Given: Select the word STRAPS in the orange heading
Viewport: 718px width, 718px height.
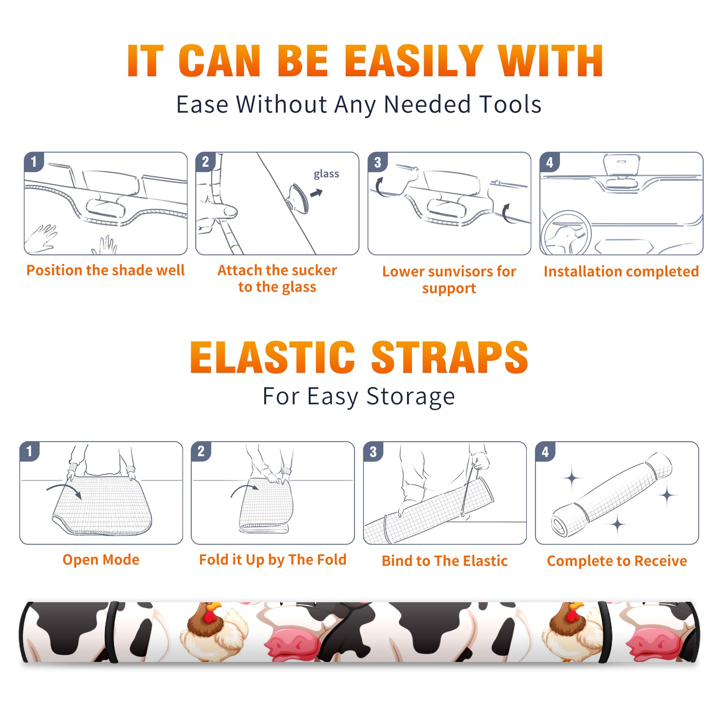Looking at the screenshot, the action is click(x=450, y=357).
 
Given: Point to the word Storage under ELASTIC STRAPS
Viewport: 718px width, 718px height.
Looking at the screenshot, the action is click(x=411, y=397).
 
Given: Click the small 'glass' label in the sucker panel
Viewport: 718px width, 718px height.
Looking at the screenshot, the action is click(x=326, y=174).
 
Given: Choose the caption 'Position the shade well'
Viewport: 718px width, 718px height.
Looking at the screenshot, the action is click(x=105, y=270).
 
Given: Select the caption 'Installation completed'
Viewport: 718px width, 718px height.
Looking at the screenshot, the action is click(x=621, y=271).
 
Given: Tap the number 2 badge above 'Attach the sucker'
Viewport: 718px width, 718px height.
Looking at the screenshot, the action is click(x=206, y=162).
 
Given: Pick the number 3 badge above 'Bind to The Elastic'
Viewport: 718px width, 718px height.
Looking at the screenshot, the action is click(x=373, y=451).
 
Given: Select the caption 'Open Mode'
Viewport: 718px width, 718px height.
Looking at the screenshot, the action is click(x=101, y=560).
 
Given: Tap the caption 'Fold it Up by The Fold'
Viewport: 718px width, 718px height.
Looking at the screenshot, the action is click(x=273, y=560).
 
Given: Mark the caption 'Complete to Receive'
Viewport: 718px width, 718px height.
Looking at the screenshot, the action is click(x=617, y=561).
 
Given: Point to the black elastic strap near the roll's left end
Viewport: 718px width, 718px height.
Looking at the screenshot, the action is click(x=112, y=632).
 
